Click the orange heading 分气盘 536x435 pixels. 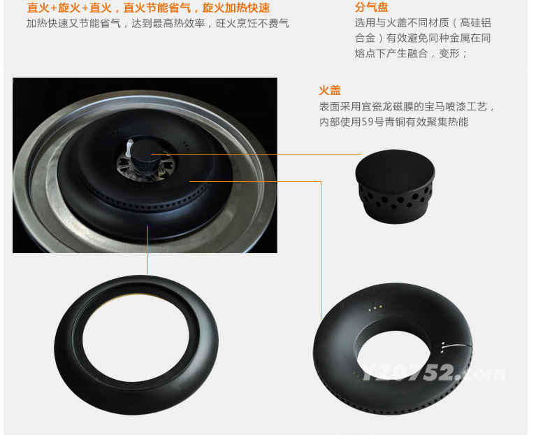pos(372,7)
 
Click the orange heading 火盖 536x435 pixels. pos(330,90)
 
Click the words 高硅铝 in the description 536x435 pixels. pos(475,22)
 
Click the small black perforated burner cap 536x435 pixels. pos(395,187)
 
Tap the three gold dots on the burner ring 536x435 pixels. pos(375,308)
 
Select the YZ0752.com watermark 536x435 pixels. pos(434,373)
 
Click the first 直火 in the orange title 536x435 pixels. pos(38,8)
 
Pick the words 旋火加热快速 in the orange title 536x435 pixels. pos(236,8)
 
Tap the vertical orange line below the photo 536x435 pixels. pos(147,250)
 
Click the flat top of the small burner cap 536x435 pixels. pos(395,166)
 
